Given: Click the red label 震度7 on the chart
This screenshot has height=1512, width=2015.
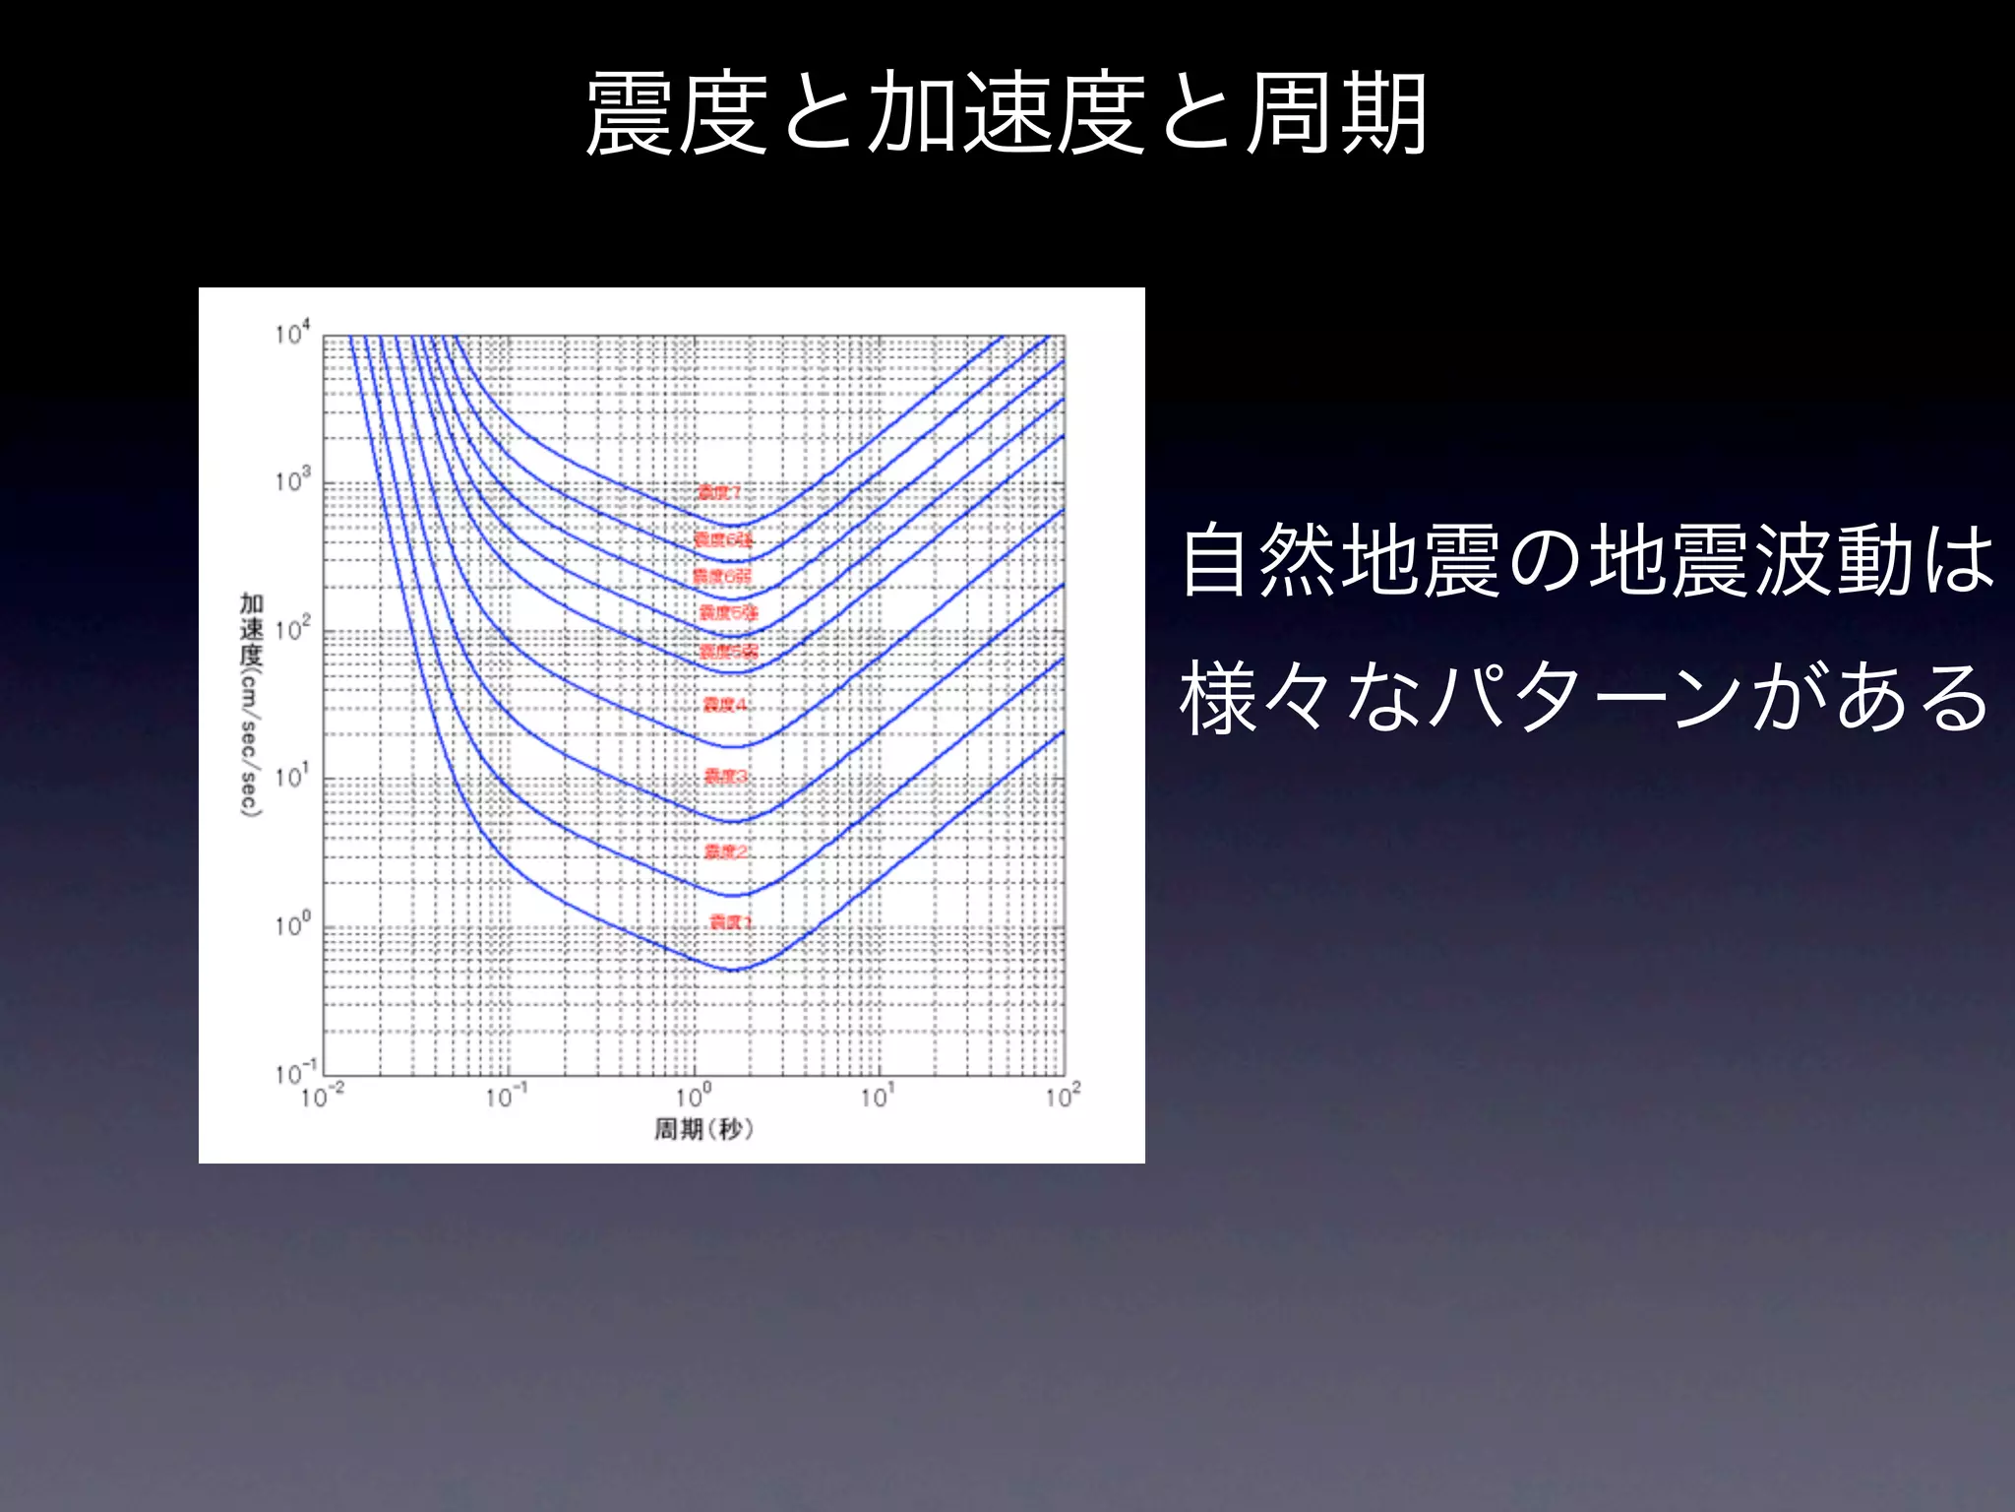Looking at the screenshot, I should click(x=718, y=492).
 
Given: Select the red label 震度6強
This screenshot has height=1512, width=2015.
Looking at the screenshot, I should click(x=723, y=539).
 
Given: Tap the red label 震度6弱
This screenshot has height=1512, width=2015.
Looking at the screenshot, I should click(x=722, y=576).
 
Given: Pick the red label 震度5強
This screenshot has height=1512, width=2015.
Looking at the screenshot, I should click(x=728, y=613).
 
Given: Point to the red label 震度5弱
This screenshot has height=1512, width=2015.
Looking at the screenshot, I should click(x=728, y=652).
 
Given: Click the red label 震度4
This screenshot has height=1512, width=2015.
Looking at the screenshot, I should click(x=725, y=705).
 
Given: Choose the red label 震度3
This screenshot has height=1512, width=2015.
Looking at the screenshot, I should click(x=726, y=777).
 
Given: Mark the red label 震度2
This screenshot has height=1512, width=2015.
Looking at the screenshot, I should click(x=726, y=851).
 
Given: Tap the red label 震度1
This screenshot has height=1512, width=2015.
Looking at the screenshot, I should click(x=730, y=922).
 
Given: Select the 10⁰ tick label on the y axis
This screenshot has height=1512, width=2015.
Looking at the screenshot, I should click(x=292, y=924).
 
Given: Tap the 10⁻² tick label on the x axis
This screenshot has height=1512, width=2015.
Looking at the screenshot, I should click(x=322, y=1096).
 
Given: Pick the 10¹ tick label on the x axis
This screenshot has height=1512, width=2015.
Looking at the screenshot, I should click(x=877, y=1096).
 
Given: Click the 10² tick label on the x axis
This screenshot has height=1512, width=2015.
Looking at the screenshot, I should click(x=1063, y=1096).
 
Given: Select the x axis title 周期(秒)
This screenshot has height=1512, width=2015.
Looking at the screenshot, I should click(x=703, y=1129).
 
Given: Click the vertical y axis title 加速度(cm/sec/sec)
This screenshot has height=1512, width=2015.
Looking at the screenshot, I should click(x=251, y=704).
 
